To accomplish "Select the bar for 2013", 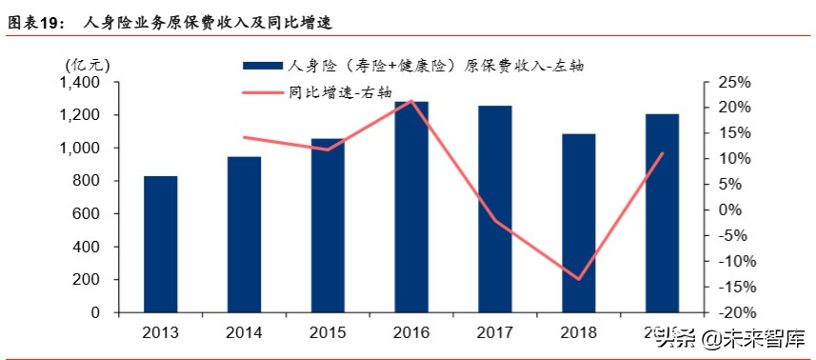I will pos(161,244).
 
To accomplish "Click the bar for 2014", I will pos(245,234).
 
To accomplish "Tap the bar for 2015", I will pos(328,225).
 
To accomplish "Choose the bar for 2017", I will pos(495,209).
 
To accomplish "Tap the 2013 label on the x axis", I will pos(161,332).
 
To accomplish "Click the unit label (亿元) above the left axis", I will pos(88,65).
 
